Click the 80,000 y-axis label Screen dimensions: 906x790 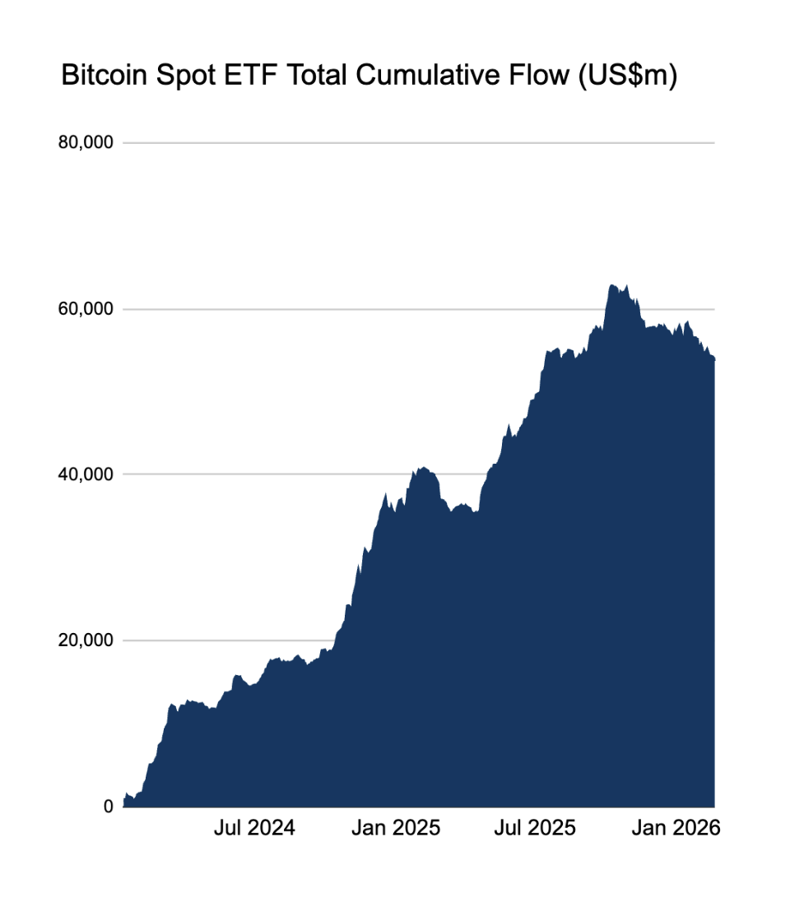pos(86,143)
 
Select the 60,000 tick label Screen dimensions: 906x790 pos(86,309)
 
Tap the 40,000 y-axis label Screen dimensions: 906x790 pos(86,474)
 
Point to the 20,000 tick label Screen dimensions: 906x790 pos(86,640)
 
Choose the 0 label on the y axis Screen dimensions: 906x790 pos(109,807)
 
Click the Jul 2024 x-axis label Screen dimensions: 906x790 pos(254,828)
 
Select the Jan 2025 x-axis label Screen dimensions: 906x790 pos(396,828)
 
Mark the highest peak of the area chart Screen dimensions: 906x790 pos(611,285)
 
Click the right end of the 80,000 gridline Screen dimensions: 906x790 pos(713,143)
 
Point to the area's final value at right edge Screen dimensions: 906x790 pos(713,359)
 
